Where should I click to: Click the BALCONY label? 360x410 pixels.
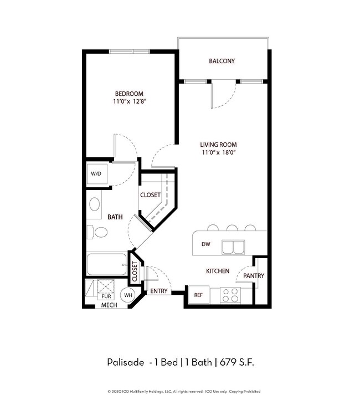(x=222, y=61)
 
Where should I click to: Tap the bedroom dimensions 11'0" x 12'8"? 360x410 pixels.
(x=130, y=101)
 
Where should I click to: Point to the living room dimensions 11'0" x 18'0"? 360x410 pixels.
(x=219, y=152)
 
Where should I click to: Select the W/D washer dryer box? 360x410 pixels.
(x=97, y=173)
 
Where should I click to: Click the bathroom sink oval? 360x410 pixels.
(x=94, y=204)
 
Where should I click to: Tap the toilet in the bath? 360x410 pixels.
(x=97, y=232)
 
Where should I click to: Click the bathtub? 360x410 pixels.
(x=107, y=264)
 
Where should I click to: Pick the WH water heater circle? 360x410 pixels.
(x=128, y=295)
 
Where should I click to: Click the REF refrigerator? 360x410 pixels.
(x=199, y=295)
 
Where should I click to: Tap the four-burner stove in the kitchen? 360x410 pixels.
(x=230, y=295)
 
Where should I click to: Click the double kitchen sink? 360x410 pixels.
(x=233, y=247)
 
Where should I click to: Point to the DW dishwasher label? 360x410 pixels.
(x=205, y=244)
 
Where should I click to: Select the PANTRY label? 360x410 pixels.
(x=254, y=275)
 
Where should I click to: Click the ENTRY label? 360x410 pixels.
(x=159, y=291)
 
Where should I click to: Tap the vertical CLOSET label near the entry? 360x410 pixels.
(x=135, y=271)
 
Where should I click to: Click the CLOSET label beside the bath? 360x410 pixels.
(x=150, y=195)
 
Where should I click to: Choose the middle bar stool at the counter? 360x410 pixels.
(x=232, y=228)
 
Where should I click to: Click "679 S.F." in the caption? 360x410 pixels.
(x=237, y=362)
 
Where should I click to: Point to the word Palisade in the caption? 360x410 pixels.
(x=126, y=362)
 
